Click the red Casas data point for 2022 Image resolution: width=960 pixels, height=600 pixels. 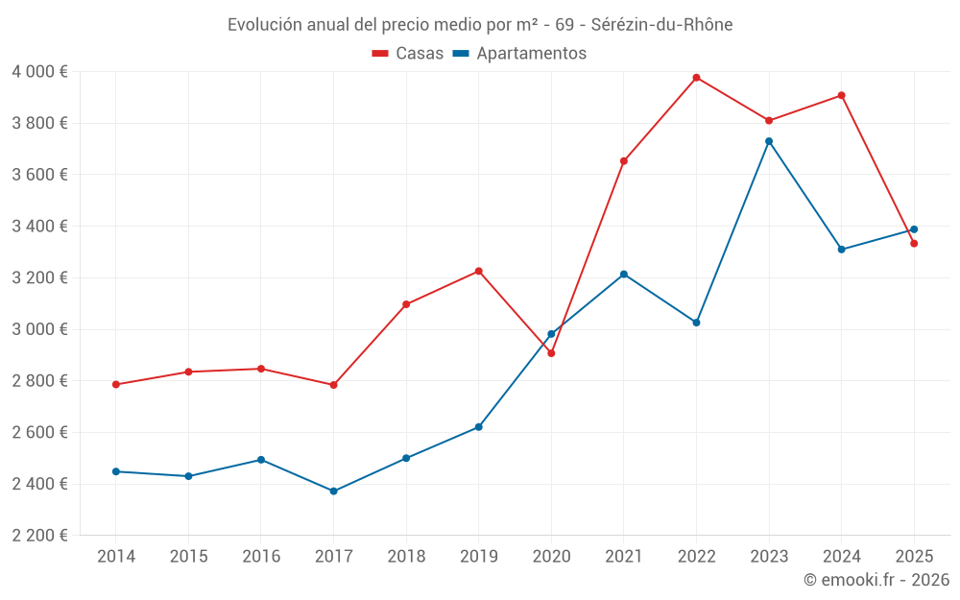tap(696, 78)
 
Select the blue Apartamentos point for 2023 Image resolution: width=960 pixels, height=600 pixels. tap(769, 141)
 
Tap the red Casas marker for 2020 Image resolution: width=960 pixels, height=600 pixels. tap(551, 353)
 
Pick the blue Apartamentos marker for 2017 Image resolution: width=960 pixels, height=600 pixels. tap(333, 492)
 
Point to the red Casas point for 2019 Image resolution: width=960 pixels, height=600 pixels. tap(479, 271)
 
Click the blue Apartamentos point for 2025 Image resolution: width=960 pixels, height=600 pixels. tap(914, 229)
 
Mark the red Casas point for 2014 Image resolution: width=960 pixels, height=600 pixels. tap(116, 385)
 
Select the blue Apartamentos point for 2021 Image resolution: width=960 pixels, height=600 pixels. tap(624, 275)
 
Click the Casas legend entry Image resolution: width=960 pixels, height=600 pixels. tap(408, 54)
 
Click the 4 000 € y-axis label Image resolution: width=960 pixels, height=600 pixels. tap(39, 72)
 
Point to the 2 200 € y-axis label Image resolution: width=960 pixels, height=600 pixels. tap(39, 536)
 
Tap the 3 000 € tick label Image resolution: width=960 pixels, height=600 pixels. tap(39, 329)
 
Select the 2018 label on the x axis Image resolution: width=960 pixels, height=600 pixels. tap(406, 557)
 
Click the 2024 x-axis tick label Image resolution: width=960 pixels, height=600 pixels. tap(841, 557)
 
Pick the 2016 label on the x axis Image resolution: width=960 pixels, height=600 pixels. tap(261, 557)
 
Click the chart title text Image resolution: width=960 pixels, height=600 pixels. tap(480, 25)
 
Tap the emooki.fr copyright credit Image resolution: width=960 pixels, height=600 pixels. tap(876, 580)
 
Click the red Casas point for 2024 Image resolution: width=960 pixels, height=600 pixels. tap(841, 95)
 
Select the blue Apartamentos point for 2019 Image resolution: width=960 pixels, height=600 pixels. tap(479, 427)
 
